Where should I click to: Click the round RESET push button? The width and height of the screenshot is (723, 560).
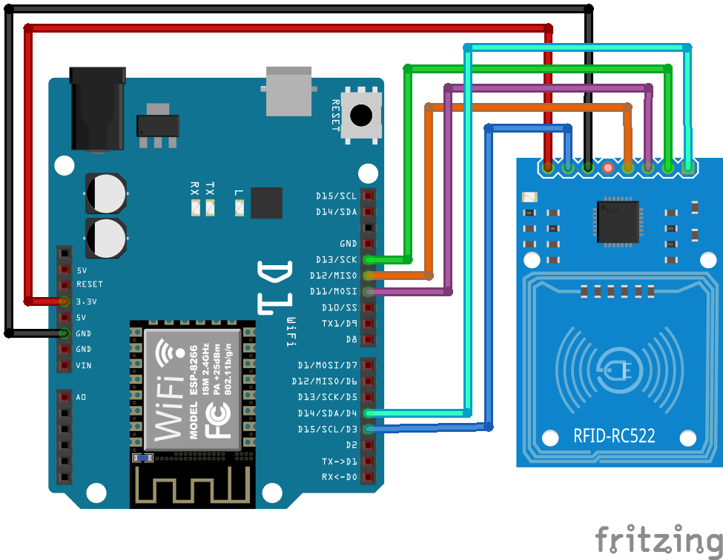361,116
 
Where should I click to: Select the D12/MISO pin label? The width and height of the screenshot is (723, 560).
333,276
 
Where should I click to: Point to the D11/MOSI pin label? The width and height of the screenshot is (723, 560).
333,292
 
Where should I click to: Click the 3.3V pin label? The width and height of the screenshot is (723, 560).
87,301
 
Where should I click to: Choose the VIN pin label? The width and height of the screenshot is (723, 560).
83,365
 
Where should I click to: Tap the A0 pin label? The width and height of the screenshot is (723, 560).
81,397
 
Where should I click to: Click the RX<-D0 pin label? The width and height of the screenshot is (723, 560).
339,477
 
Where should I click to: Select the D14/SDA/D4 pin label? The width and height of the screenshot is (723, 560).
327,413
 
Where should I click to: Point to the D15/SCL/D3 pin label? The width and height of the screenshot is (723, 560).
327,429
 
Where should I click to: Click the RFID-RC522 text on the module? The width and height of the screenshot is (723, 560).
614,436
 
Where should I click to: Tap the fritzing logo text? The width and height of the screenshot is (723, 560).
657,539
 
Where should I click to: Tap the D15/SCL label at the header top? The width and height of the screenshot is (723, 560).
336,196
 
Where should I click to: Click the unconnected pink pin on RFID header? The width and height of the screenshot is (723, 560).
608,168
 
